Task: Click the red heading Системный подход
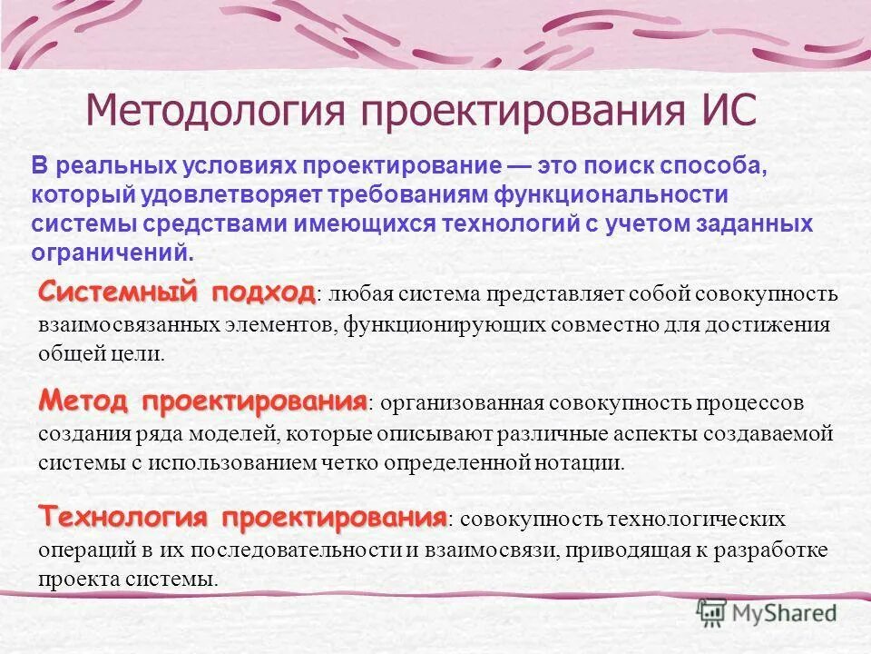pos(177,292)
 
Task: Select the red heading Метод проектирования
pos(202,401)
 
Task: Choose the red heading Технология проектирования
pos(242,518)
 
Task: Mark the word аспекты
pos(594,433)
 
